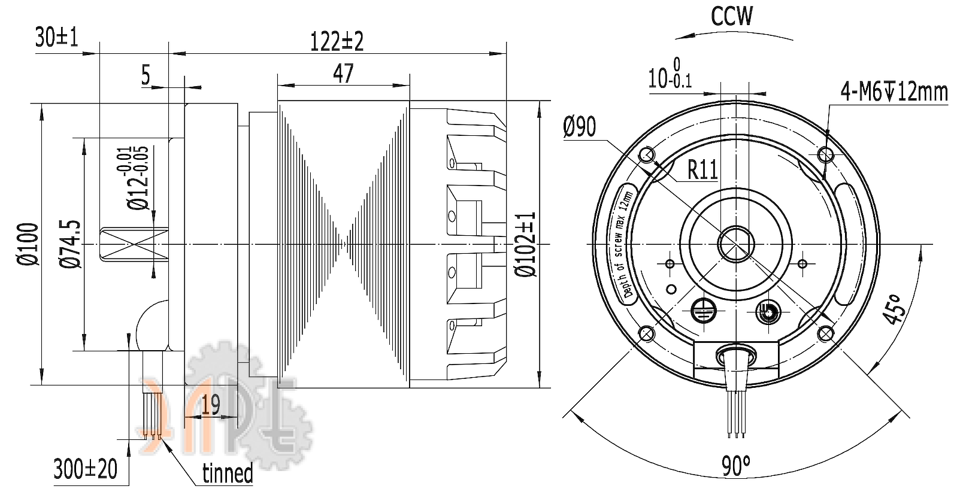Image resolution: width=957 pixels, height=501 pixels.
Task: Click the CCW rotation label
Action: [x=731, y=16]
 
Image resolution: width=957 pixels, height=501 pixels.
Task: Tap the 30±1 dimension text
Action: [x=57, y=38]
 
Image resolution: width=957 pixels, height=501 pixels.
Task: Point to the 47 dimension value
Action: [x=343, y=74]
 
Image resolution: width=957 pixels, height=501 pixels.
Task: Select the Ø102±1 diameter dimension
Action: [x=526, y=244]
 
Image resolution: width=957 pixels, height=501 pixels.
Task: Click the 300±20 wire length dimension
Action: [x=85, y=469]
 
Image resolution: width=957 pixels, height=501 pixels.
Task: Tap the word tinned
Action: [x=228, y=473]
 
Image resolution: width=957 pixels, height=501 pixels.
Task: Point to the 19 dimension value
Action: [x=210, y=405]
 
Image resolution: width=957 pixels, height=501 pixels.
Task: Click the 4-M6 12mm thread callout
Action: [x=894, y=92]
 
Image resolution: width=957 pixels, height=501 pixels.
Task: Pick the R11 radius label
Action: [x=702, y=170]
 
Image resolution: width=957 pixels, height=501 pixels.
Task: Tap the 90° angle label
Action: [x=735, y=466]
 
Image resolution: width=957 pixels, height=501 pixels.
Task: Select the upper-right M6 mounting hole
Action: [x=826, y=156]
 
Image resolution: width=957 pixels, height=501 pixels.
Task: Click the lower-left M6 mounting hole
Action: [x=647, y=333]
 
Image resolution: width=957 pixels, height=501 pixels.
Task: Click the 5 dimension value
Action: [x=146, y=75]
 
